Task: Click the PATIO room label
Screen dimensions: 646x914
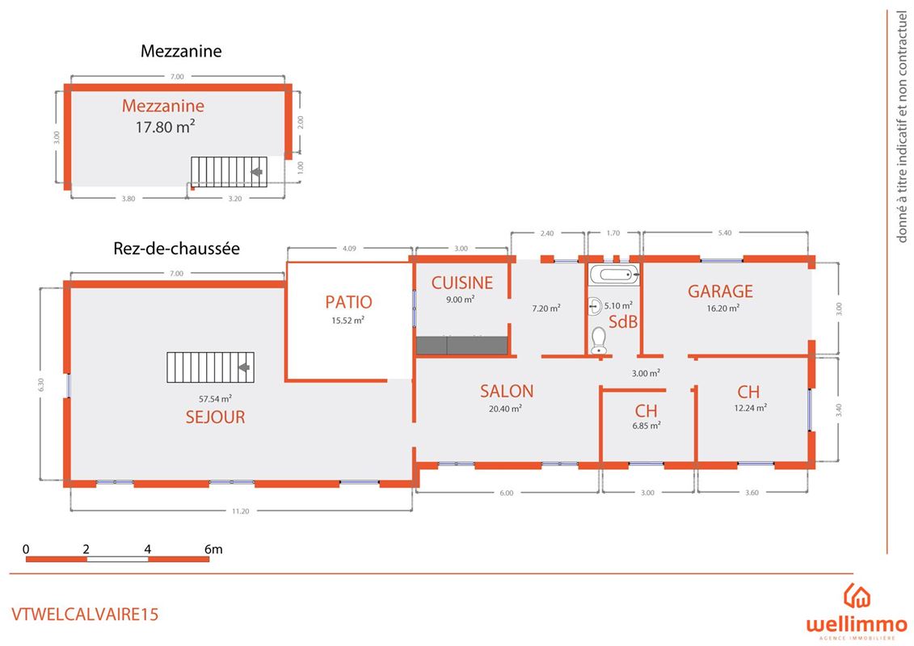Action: pyautogui.click(x=348, y=302)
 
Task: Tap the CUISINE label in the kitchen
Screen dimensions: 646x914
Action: pyautogui.click(x=461, y=283)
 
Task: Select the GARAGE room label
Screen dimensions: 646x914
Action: pyautogui.click(x=720, y=292)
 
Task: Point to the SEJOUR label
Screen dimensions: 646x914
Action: pyautogui.click(x=215, y=417)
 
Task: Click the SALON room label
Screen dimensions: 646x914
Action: pyautogui.click(x=507, y=391)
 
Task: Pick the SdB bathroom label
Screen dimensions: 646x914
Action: pyautogui.click(x=623, y=321)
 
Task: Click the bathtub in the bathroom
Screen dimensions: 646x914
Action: pyautogui.click(x=613, y=275)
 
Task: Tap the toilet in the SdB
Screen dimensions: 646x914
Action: pyautogui.click(x=599, y=341)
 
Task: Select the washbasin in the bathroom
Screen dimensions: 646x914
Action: pyautogui.click(x=596, y=305)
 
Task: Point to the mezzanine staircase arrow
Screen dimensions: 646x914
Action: pyautogui.click(x=258, y=172)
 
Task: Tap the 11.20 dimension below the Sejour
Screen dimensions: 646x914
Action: pyautogui.click(x=239, y=511)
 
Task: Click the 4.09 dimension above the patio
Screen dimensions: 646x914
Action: pyautogui.click(x=349, y=249)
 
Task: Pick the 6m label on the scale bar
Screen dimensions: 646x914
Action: pyautogui.click(x=213, y=549)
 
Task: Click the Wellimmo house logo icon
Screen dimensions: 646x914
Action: pyautogui.click(x=857, y=596)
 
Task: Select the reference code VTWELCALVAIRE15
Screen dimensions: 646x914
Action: pyautogui.click(x=85, y=614)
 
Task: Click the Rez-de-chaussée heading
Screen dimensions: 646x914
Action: pyautogui.click(x=176, y=249)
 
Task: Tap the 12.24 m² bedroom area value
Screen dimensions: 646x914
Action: pyautogui.click(x=750, y=408)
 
